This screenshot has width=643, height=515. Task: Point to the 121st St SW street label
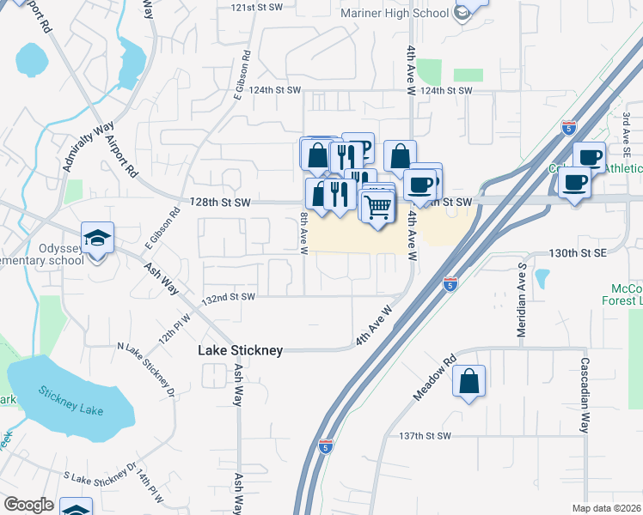(x=256, y=7)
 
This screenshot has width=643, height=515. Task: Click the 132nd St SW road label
(x=229, y=297)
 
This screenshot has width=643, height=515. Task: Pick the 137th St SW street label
(x=425, y=436)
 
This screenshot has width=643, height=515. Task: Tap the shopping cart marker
(x=377, y=207)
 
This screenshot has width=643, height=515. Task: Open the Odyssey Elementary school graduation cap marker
(x=98, y=238)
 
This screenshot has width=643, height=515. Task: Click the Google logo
(x=28, y=505)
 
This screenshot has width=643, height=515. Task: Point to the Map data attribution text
(x=606, y=508)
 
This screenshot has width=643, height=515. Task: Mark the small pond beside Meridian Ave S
(x=542, y=279)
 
